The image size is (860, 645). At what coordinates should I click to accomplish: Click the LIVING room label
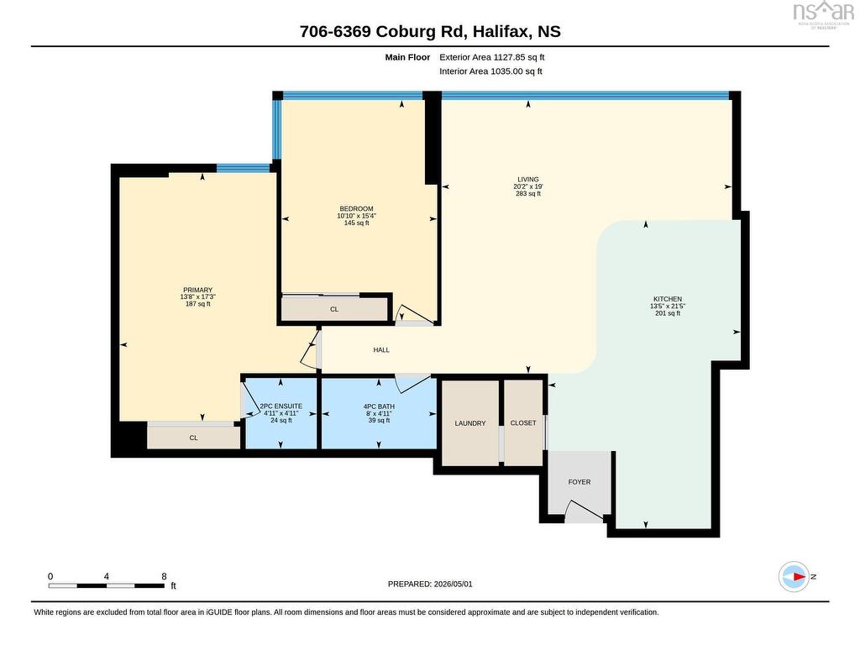(528, 180)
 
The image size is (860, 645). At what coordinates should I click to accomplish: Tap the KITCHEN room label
(668, 299)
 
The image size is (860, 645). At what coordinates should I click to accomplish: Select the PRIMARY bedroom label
(197, 290)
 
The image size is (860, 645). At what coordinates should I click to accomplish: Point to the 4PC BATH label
(379, 406)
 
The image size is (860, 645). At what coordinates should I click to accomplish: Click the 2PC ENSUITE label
(281, 406)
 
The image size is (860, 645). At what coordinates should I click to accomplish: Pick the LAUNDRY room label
(470, 423)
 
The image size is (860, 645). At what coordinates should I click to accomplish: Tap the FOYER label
(579, 482)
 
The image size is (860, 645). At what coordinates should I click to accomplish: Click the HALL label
(381, 350)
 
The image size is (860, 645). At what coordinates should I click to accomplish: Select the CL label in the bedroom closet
(334, 309)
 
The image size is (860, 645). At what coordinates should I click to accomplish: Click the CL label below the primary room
(194, 438)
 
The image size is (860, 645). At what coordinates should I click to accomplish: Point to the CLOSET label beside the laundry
(523, 423)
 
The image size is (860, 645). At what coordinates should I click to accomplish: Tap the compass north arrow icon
(794, 577)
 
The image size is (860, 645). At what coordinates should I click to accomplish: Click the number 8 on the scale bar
(164, 576)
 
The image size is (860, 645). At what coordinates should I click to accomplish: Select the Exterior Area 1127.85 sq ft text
(492, 57)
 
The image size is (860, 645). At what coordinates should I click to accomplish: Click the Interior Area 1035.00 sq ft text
(490, 71)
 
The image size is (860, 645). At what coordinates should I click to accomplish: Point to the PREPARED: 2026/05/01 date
(430, 585)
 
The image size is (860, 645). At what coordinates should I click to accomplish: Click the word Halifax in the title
(502, 31)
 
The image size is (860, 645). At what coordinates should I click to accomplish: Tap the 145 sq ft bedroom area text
(356, 223)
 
